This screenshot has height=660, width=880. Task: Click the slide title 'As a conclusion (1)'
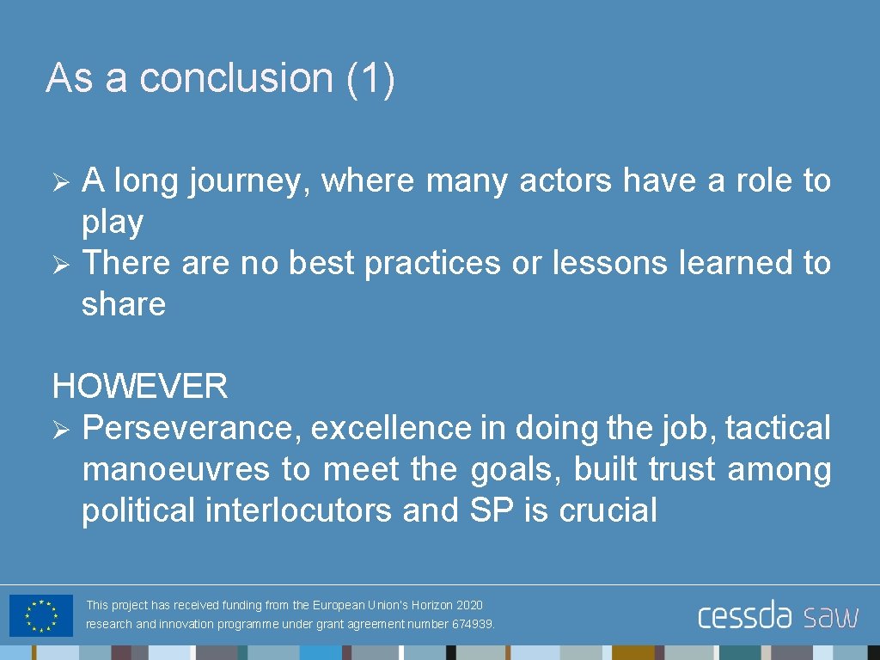coord(221,78)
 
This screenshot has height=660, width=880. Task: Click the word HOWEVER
coord(140,387)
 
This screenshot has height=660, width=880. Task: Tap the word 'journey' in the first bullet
coord(250,181)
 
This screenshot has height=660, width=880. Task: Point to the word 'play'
coord(113,223)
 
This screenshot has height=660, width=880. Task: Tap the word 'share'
coord(123,304)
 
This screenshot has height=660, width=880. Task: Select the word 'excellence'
coord(391,428)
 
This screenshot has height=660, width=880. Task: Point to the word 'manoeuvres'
coord(176,469)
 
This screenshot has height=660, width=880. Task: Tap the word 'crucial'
coord(608,510)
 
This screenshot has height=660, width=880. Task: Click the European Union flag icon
coord(41,615)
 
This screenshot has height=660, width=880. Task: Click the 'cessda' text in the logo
coord(744,616)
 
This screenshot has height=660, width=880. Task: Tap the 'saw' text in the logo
coord(830,616)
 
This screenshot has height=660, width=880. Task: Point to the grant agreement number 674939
coord(473,625)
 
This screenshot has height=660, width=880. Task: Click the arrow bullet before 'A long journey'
coord(60,181)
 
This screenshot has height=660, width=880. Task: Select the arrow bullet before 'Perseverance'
coord(60,428)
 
